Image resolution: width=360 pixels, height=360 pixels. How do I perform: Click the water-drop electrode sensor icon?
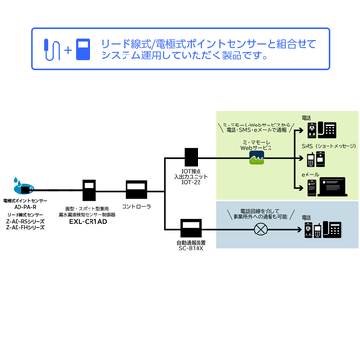[21, 183]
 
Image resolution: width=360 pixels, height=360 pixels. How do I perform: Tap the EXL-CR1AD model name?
[89, 219]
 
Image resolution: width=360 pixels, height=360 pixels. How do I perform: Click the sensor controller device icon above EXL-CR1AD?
[90, 190]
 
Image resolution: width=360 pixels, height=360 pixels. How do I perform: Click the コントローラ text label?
[135, 207]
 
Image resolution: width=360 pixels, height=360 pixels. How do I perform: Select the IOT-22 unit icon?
[192, 156]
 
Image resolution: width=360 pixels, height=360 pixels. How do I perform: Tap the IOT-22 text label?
[192, 184]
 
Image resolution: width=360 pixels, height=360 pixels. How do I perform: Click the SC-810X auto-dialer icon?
[191, 230]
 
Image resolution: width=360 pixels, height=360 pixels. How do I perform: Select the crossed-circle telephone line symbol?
[260, 230]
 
